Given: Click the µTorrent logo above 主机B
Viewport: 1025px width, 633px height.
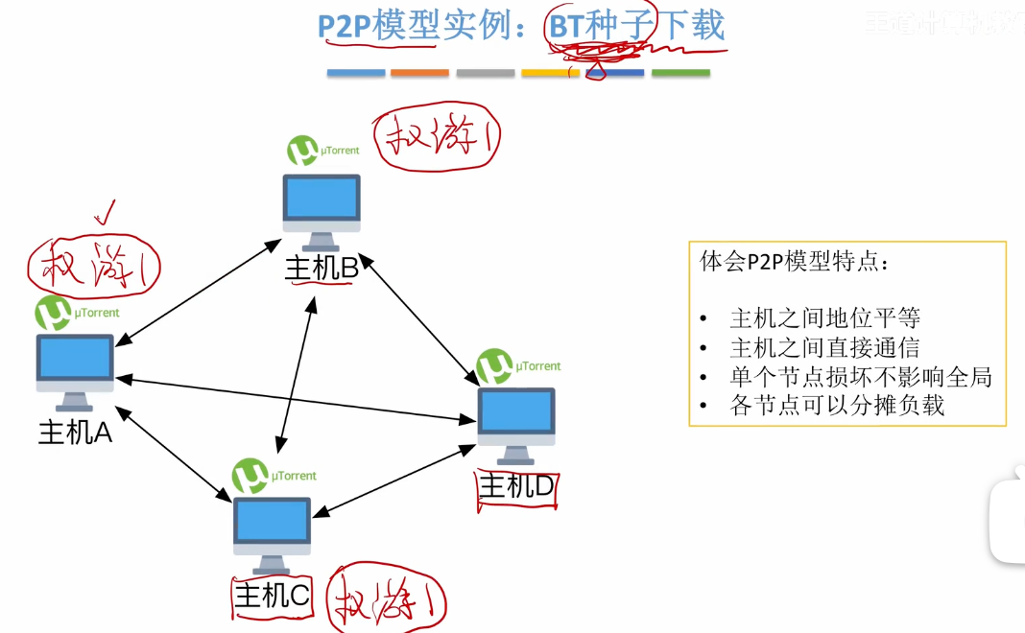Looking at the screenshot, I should tap(303, 151).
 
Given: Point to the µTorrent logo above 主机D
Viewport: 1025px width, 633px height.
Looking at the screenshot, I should tap(494, 365).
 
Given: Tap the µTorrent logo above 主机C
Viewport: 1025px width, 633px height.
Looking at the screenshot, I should tap(250, 475).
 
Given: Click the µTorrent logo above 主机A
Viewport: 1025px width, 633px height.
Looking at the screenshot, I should tap(53, 313).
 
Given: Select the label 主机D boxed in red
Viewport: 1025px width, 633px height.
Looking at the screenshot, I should tap(516, 487).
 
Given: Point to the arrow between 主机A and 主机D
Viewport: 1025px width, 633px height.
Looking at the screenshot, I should tap(298, 398).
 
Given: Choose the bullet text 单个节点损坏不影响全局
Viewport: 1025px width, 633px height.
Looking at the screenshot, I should tap(860, 376).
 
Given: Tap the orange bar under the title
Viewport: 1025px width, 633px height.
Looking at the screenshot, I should tap(419, 73).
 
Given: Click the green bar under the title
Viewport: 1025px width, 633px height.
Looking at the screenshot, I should tap(680, 73).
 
